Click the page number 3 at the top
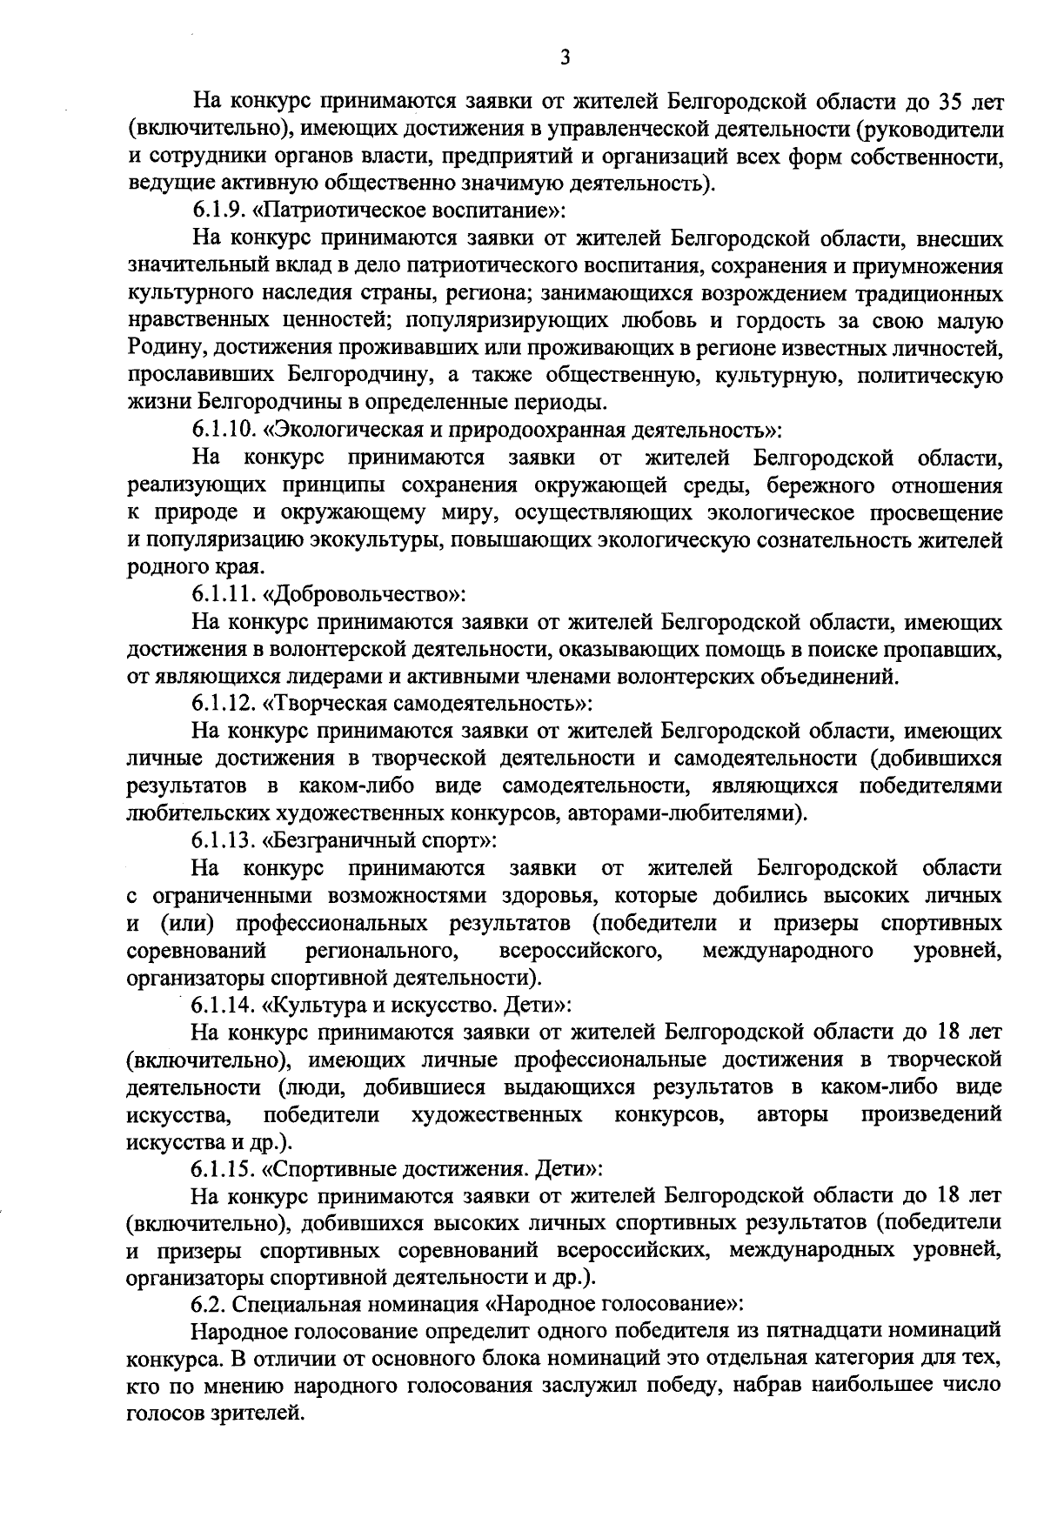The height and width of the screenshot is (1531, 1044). point(565,57)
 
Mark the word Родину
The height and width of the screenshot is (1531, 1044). point(164,348)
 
